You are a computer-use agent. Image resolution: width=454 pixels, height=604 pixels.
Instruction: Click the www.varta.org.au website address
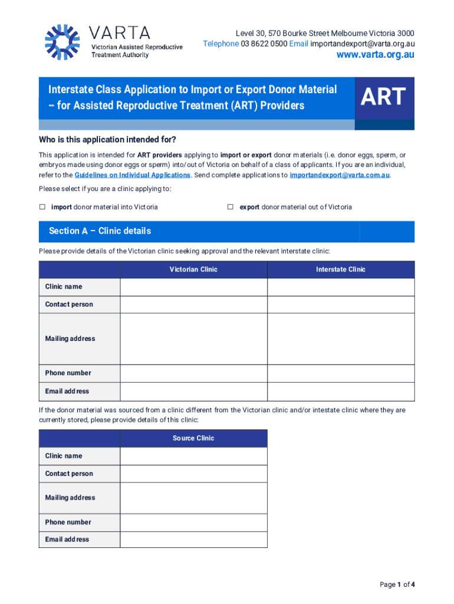[375, 55]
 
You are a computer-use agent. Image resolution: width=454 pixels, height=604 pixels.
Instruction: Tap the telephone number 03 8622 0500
[264, 44]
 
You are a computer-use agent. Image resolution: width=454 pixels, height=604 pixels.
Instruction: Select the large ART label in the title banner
[383, 97]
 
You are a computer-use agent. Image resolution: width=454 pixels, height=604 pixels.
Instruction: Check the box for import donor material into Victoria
[42, 207]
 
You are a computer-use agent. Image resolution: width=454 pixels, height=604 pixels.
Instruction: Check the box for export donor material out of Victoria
[231, 207]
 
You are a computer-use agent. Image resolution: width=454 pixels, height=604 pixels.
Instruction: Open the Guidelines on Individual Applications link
[132, 175]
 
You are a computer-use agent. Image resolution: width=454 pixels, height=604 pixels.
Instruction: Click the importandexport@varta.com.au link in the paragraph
[340, 175]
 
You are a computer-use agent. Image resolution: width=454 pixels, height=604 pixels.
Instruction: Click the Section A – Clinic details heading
[100, 231]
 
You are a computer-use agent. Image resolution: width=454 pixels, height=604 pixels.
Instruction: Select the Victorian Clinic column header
[193, 270]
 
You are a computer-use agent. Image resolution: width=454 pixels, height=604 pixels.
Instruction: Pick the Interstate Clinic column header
[340, 270]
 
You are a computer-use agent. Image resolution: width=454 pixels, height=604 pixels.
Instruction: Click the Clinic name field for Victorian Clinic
[193, 287]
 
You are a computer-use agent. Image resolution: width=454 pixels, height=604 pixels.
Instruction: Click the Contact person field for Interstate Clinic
[340, 304]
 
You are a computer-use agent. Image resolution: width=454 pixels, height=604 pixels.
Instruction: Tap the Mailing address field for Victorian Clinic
[193, 339]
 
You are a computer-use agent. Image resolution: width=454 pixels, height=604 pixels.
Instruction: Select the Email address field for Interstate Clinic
[340, 391]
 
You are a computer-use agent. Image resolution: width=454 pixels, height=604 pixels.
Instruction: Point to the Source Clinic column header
[193, 438]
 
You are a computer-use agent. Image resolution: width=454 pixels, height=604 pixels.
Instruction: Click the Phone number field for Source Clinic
[193, 522]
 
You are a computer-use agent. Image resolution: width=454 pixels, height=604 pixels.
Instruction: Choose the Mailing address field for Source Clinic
[193, 498]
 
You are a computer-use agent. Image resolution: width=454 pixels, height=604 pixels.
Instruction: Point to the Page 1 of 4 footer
[397, 585]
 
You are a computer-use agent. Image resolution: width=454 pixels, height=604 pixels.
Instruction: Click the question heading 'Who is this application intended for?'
[107, 140]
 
